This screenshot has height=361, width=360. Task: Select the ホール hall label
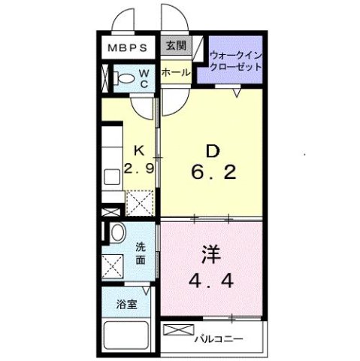(175, 73)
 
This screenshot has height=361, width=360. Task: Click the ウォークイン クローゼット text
(236, 60)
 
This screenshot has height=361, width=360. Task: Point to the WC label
(143, 78)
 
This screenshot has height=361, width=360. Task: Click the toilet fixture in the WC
(119, 77)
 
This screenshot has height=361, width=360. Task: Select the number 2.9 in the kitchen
(139, 168)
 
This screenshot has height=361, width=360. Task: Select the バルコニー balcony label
(219, 339)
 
